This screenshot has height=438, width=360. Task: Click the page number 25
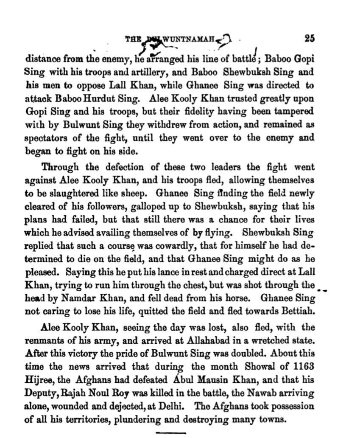[309, 38]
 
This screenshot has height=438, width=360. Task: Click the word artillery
[142, 72]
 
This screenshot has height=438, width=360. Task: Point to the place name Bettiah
[299, 311]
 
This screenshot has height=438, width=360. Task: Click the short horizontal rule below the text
[171, 433]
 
